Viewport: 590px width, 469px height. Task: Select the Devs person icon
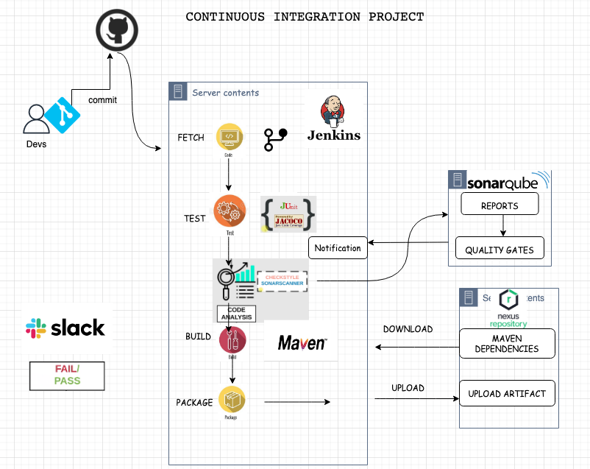[35, 120]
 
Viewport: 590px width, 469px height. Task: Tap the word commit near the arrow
[102, 100]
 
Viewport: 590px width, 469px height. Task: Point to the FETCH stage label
[191, 138]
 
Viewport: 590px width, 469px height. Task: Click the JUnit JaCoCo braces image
[288, 215]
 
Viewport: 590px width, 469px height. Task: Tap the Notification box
[338, 248]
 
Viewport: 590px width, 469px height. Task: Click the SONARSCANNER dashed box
[282, 281]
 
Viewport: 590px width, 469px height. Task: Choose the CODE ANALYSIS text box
[236, 312]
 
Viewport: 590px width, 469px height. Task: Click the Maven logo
[302, 342]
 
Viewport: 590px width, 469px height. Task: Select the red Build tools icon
[232, 340]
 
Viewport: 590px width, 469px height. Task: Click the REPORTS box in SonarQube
[500, 205]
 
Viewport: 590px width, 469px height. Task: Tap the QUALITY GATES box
[500, 250]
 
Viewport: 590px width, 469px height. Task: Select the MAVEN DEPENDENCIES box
[506, 344]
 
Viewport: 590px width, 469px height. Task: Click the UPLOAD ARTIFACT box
[506, 394]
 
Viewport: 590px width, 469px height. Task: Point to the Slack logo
[65, 328]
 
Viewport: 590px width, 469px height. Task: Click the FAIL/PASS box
[67, 375]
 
